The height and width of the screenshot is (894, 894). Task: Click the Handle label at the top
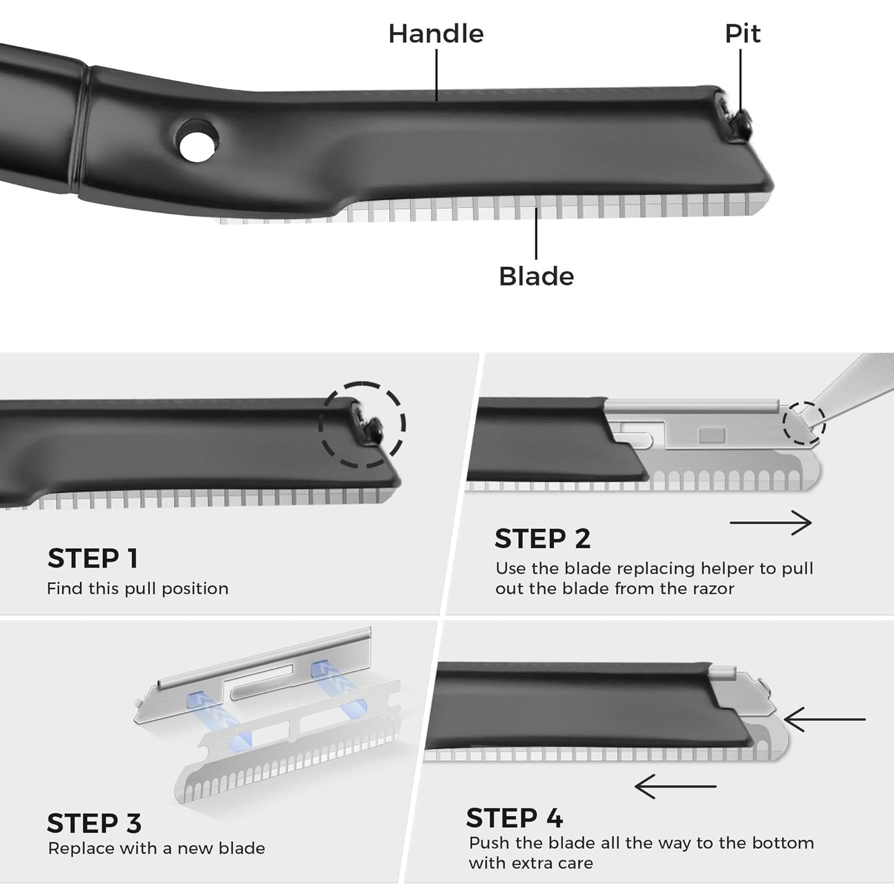pyautogui.click(x=436, y=34)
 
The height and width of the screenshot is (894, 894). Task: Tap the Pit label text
pyautogui.click(x=742, y=34)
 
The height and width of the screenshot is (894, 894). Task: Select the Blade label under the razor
pyautogui.click(x=536, y=277)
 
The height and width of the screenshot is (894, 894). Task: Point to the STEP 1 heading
pyautogui.click(x=93, y=558)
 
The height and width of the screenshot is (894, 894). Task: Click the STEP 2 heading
pyautogui.click(x=543, y=539)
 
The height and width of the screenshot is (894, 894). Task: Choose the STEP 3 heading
pyautogui.click(x=94, y=823)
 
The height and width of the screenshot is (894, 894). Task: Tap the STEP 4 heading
pyautogui.click(x=514, y=818)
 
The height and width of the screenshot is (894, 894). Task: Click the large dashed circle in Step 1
pyautogui.click(x=362, y=425)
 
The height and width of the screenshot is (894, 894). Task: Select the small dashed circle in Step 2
pyautogui.click(x=804, y=423)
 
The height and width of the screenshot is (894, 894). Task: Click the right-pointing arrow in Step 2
pyautogui.click(x=770, y=523)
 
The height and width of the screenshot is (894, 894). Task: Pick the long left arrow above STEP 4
pyautogui.click(x=675, y=786)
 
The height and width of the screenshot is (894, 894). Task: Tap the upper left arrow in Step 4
pyautogui.click(x=824, y=720)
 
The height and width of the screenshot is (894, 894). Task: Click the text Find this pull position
pyautogui.click(x=137, y=588)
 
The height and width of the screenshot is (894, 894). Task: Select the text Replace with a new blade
pyautogui.click(x=157, y=848)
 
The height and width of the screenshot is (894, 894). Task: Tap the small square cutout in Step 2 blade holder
pyautogui.click(x=711, y=436)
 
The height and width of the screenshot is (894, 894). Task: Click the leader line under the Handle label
pyautogui.click(x=437, y=74)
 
